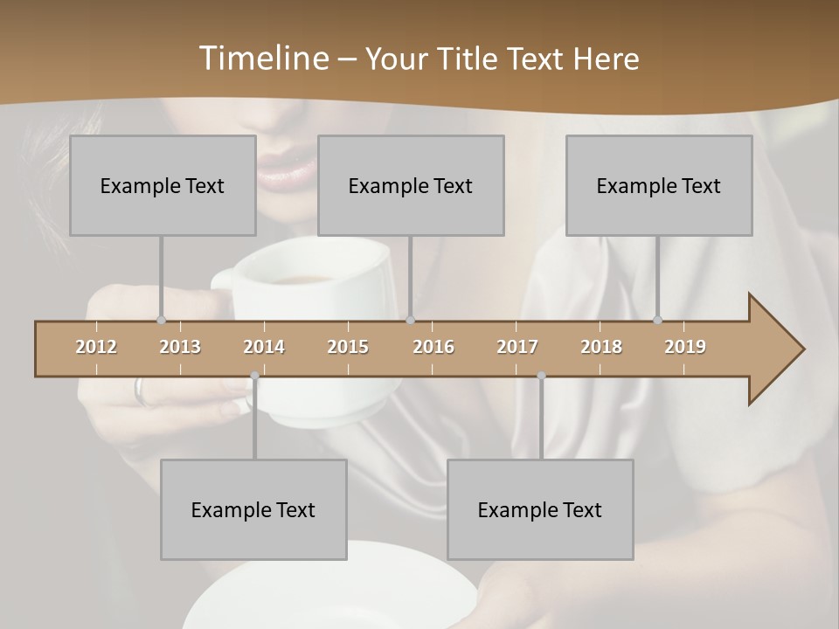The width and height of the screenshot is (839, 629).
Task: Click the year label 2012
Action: (x=96, y=347)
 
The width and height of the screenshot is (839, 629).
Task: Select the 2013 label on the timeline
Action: (x=180, y=347)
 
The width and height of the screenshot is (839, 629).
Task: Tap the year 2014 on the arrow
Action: (x=264, y=347)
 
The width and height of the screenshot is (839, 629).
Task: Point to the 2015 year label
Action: (x=348, y=347)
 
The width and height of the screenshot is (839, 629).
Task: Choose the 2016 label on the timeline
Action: (x=433, y=347)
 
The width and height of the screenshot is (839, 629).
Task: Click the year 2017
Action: (x=517, y=347)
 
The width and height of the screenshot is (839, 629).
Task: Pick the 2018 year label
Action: (x=601, y=347)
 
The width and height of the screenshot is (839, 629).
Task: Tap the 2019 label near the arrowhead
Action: (x=685, y=347)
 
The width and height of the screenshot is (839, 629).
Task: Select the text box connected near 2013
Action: (x=163, y=185)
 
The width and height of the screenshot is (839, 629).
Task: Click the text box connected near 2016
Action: (x=411, y=185)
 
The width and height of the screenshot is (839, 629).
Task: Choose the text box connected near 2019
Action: (x=659, y=185)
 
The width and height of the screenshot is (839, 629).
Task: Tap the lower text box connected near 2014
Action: (x=253, y=509)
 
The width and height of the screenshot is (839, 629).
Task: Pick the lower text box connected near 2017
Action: (x=540, y=509)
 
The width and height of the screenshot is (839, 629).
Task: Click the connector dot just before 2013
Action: (x=161, y=320)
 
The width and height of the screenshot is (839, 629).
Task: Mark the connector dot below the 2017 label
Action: (x=541, y=376)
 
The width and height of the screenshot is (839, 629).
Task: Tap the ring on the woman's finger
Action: (x=141, y=390)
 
